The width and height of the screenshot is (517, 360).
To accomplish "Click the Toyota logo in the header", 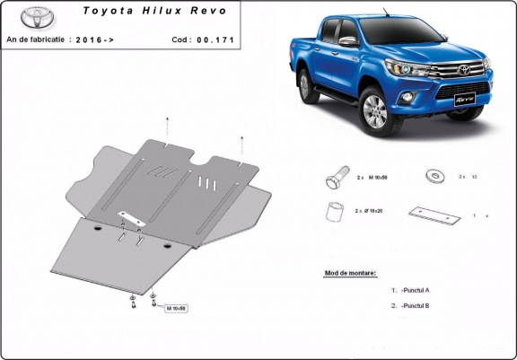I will click(38, 17).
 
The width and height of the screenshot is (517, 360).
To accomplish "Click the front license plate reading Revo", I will click(464, 96).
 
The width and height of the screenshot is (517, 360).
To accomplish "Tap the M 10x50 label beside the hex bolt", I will click(380, 179).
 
